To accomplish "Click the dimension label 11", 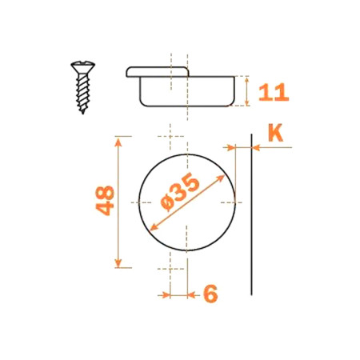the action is (274, 92).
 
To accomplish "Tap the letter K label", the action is (275, 133).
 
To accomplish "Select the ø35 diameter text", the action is (180, 191).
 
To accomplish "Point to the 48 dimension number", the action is (105, 201).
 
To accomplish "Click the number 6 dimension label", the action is (210, 294).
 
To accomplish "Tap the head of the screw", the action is (83, 66).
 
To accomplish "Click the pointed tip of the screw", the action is (83, 113).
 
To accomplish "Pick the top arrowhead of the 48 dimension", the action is (118, 142).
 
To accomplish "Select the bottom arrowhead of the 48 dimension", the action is (118, 263).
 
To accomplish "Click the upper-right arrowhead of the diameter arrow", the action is (220, 178).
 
